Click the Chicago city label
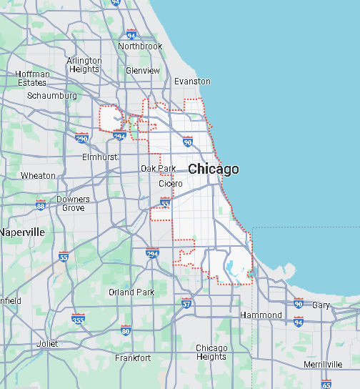(214, 169)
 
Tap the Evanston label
(193, 82)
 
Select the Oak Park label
(158, 169)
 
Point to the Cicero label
(170, 184)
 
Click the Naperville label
(22, 232)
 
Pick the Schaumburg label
(51, 95)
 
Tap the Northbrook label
(140, 46)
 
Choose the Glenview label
(143, 71)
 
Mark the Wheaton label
(38, 175)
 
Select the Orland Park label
(131, 292)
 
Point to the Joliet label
(47, 344)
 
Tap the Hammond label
(261, 315)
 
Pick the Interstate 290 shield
(81, 139)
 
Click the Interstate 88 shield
(41, 206)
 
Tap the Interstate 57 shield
(186, 303)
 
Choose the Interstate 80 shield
(126, 330)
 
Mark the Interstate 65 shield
(326, 384)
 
